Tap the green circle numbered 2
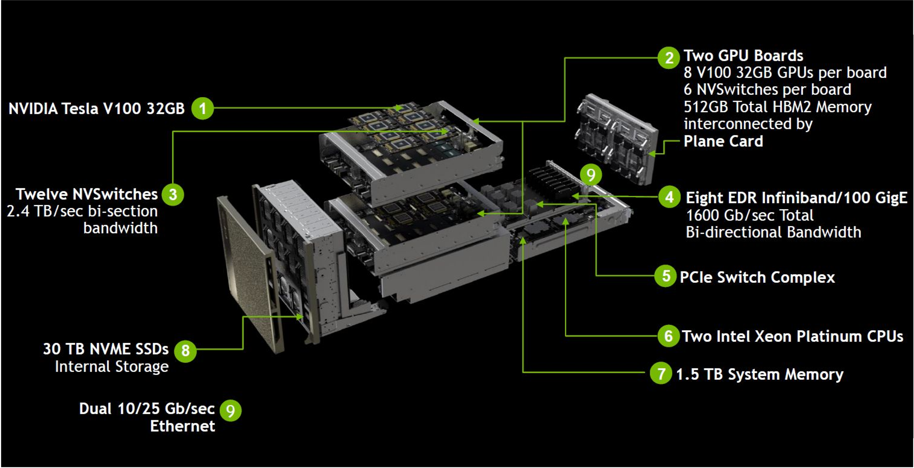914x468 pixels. (669, 58)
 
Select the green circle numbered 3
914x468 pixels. (173, 194)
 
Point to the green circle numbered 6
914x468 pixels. (668, 336)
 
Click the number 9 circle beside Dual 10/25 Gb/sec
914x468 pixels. (231, 410)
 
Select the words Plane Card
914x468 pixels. (723, 141)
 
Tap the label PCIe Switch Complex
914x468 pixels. (757, 277)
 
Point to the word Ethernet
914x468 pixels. (182, 426)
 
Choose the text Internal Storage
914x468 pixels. (112, 367)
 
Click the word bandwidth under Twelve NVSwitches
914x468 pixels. (120, 228)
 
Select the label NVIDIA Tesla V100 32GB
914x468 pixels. (97, 108)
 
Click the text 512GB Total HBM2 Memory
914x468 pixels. (777, 107)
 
